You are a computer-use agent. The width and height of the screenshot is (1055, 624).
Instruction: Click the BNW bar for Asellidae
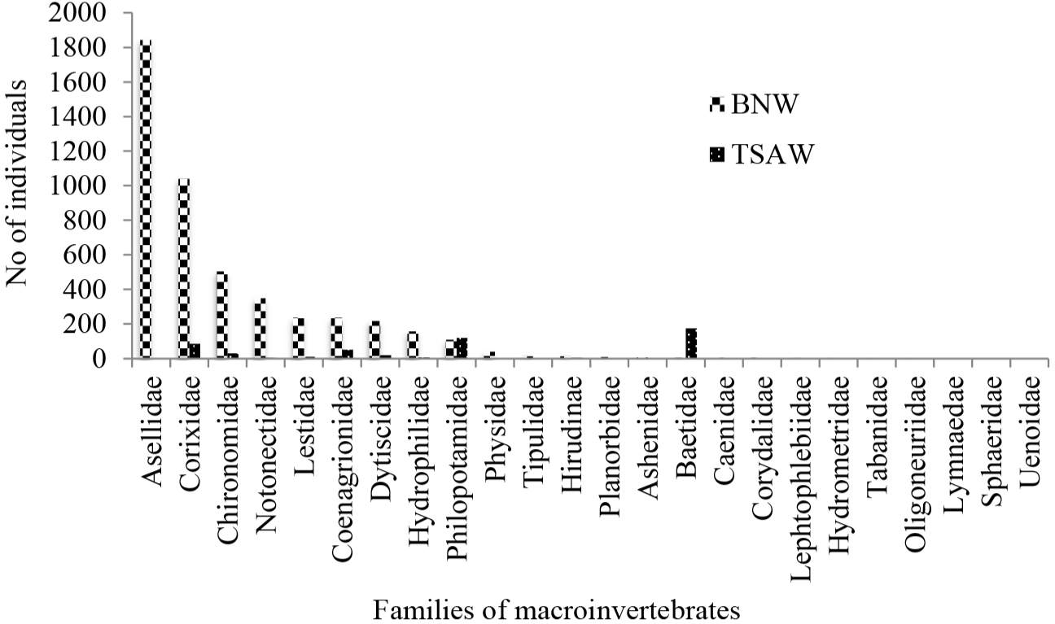146,199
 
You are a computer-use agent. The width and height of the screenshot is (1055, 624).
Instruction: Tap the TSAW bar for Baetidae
691,343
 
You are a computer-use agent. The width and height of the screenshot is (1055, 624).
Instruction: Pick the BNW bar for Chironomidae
221,315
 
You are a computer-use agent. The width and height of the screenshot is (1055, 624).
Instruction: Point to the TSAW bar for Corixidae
195,351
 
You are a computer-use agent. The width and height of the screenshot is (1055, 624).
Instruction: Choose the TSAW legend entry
762,155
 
